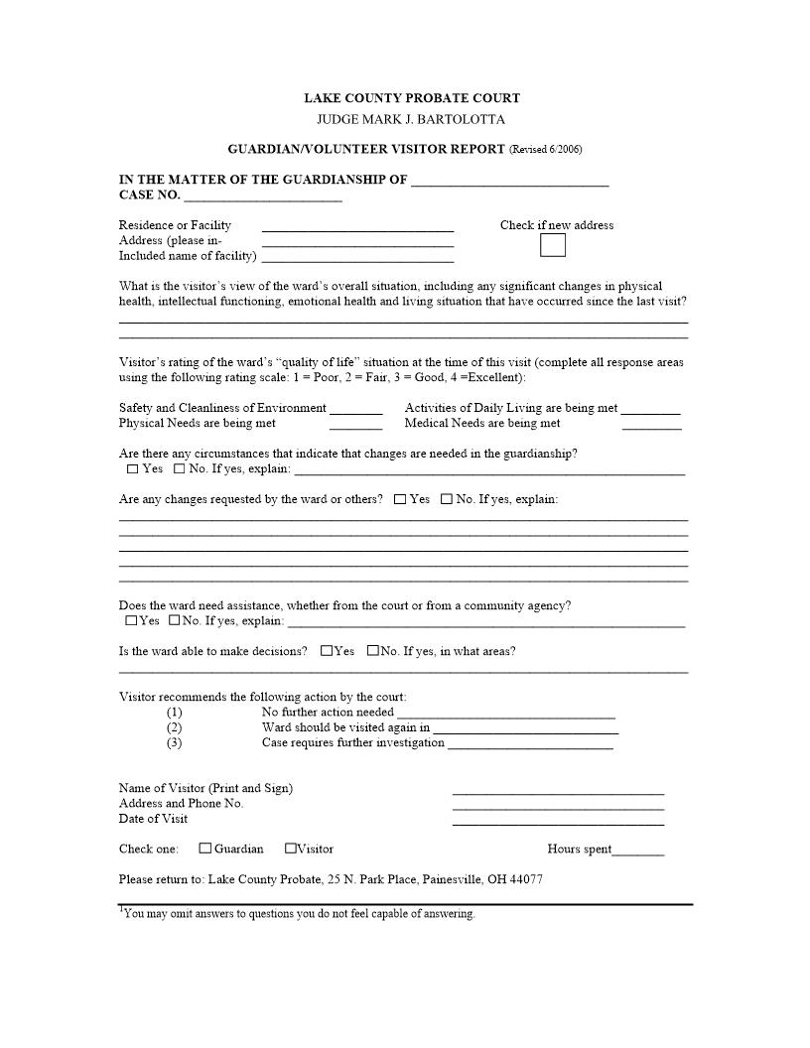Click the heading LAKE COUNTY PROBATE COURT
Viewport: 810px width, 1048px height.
coord(411,98)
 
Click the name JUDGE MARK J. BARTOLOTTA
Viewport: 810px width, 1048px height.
coord(411,120)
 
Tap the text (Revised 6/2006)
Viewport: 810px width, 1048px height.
coord(545,150)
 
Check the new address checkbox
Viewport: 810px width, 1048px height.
coord(553,245)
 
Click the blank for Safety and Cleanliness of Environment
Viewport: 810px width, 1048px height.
coord(355,410)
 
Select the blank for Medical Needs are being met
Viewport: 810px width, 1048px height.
coord(651,425)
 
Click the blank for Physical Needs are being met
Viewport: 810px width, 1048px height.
coord(355,425)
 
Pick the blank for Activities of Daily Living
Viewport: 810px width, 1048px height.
coord(651,410)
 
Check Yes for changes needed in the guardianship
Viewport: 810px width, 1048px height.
coord(133,469)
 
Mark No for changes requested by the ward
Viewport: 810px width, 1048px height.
coord(447,499)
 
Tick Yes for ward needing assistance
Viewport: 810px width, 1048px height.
coord(131,621)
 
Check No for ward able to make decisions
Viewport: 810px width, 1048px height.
coord(373,652)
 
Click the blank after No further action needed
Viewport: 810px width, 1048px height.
coord(505,714)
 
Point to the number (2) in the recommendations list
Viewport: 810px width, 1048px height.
coord(175,727)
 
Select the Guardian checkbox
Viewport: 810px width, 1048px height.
coord(205,849)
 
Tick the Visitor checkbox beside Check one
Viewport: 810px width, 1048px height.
coord(291,849)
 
